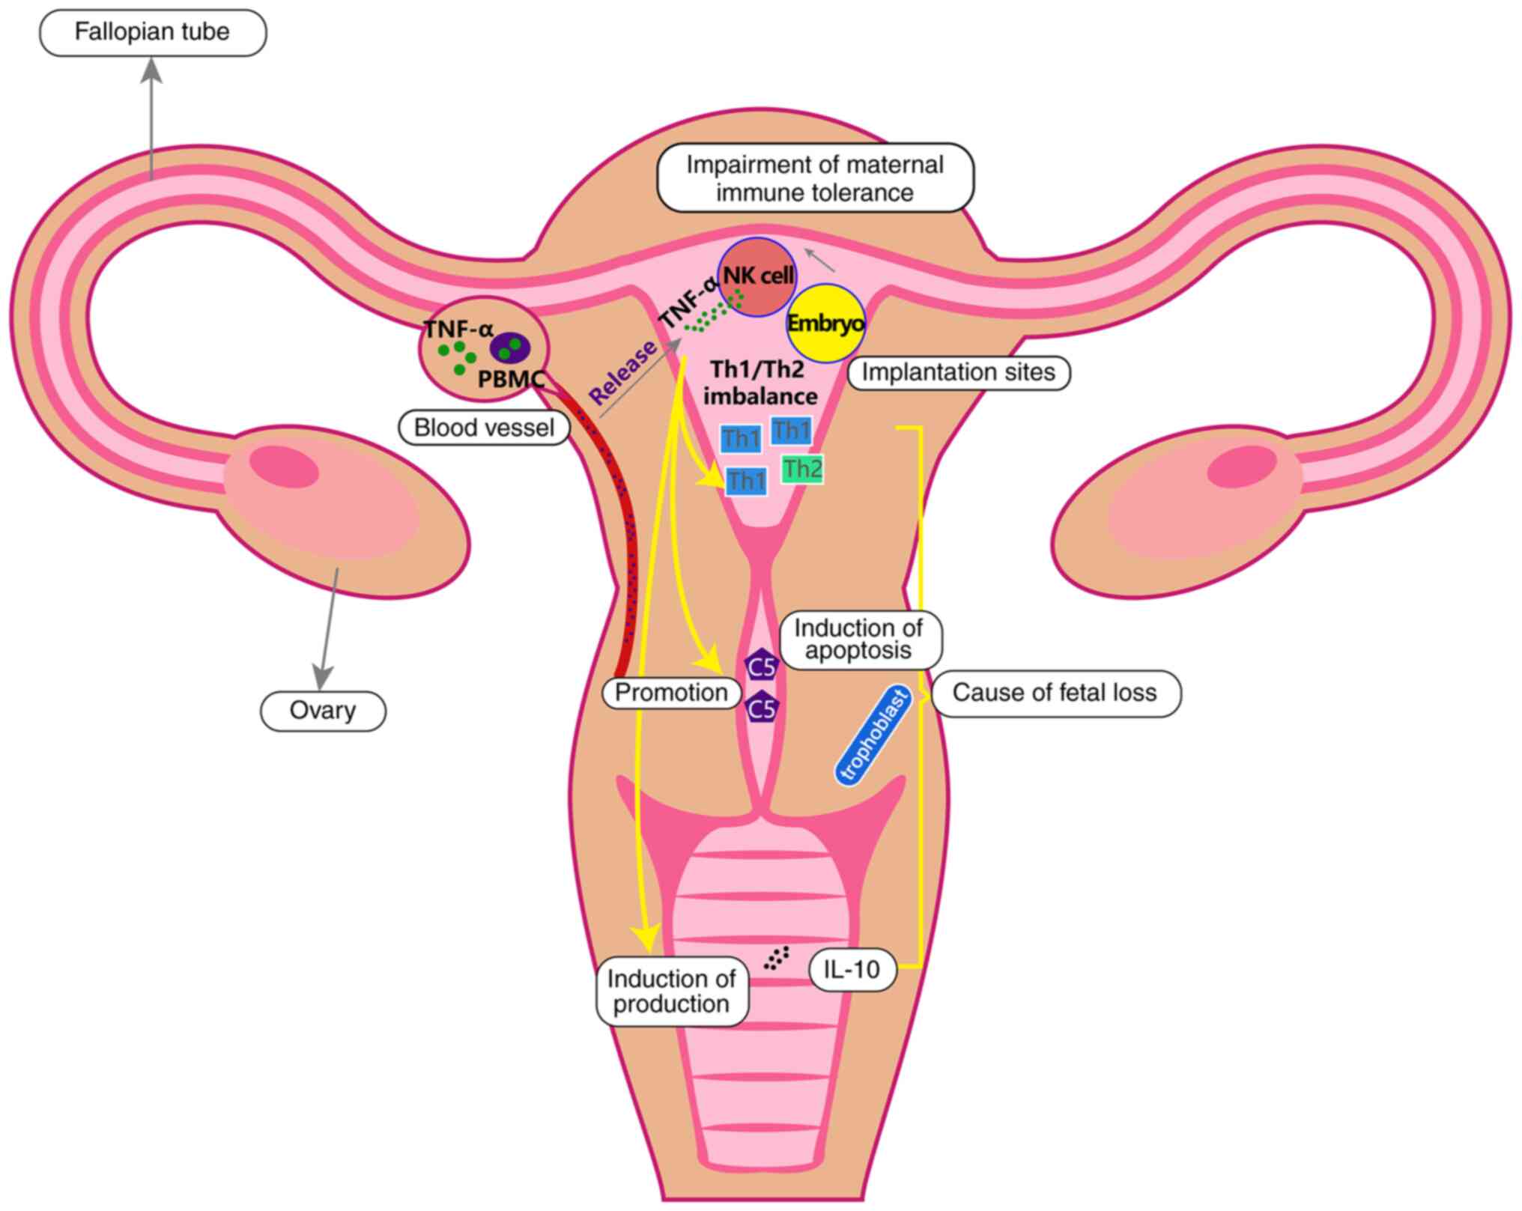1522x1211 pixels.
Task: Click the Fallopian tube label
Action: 152,32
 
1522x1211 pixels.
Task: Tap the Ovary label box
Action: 323,710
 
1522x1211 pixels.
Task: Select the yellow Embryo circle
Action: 825,324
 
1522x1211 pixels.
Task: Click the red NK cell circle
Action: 757,277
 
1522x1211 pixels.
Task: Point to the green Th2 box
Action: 802,470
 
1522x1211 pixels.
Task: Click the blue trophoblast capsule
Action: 873,735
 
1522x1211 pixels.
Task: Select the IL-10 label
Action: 852,970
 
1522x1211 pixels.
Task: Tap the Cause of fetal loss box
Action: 1055,693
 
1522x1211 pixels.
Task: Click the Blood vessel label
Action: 484,428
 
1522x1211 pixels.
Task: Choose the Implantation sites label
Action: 958,372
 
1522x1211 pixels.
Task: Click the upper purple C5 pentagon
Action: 762,665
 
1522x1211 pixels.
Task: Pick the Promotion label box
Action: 670,693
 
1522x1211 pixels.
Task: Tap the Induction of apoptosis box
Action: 858,639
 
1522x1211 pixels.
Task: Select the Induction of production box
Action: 671,992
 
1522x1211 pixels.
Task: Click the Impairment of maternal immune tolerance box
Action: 815,178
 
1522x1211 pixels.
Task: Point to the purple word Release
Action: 622,371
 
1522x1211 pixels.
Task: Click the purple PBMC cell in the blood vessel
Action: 510,347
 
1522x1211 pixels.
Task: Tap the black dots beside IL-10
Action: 777,958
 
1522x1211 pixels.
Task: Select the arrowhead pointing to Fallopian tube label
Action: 153,70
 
